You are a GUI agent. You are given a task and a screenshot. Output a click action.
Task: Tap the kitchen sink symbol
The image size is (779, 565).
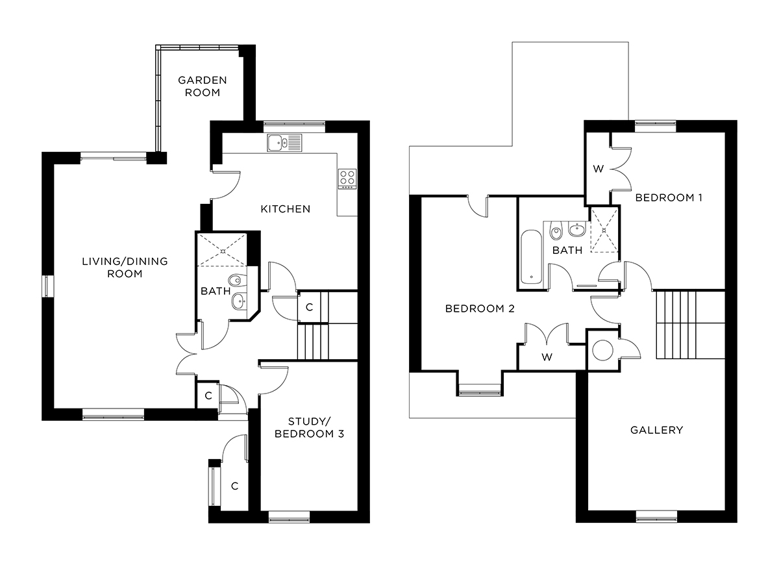284,142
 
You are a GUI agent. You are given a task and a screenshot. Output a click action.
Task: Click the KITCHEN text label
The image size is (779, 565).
285,209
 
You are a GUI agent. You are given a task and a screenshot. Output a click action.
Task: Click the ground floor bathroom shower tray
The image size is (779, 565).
222,249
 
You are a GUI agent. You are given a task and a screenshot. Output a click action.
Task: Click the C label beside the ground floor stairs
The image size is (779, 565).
309,307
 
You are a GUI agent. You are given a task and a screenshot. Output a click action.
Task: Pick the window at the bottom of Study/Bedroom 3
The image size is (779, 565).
289,517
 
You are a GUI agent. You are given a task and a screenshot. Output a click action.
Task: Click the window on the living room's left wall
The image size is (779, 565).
47,286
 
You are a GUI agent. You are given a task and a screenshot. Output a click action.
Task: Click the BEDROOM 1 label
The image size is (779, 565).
669,197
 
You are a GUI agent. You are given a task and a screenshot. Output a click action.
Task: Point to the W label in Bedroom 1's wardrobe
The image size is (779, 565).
598,169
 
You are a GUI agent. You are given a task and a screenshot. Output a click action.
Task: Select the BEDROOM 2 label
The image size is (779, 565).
480,309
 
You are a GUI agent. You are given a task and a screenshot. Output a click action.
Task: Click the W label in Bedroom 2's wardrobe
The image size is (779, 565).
548,357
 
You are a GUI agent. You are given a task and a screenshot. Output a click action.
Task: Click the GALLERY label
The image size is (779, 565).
657,430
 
